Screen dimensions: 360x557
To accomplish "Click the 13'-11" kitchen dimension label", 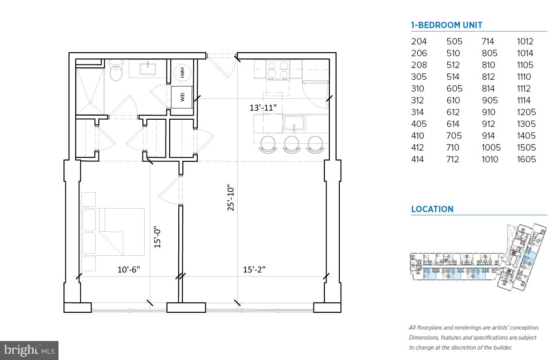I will coord(263,108).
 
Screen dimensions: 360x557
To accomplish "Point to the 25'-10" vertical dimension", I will coord(231,198).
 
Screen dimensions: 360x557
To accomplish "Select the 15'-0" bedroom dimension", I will coord(157,237).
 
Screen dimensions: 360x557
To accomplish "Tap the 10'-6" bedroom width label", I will coord(129,269).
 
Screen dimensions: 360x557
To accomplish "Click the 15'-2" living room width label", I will coord(254,269).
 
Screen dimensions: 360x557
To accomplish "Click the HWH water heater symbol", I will coord(182,72).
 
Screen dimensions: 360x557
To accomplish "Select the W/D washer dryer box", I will coord(182,97).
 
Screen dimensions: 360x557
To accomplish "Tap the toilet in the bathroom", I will coord(117,71).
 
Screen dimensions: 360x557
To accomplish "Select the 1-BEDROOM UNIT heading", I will coord(446,25).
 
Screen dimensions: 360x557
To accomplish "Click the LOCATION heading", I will coord(432,209).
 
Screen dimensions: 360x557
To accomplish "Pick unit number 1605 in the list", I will coord(526,159).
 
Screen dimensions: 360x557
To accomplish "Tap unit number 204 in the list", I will coord(419,41).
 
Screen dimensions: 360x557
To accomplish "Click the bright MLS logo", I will coord(29,350).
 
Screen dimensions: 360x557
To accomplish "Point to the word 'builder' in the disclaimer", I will coord(501,347).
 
